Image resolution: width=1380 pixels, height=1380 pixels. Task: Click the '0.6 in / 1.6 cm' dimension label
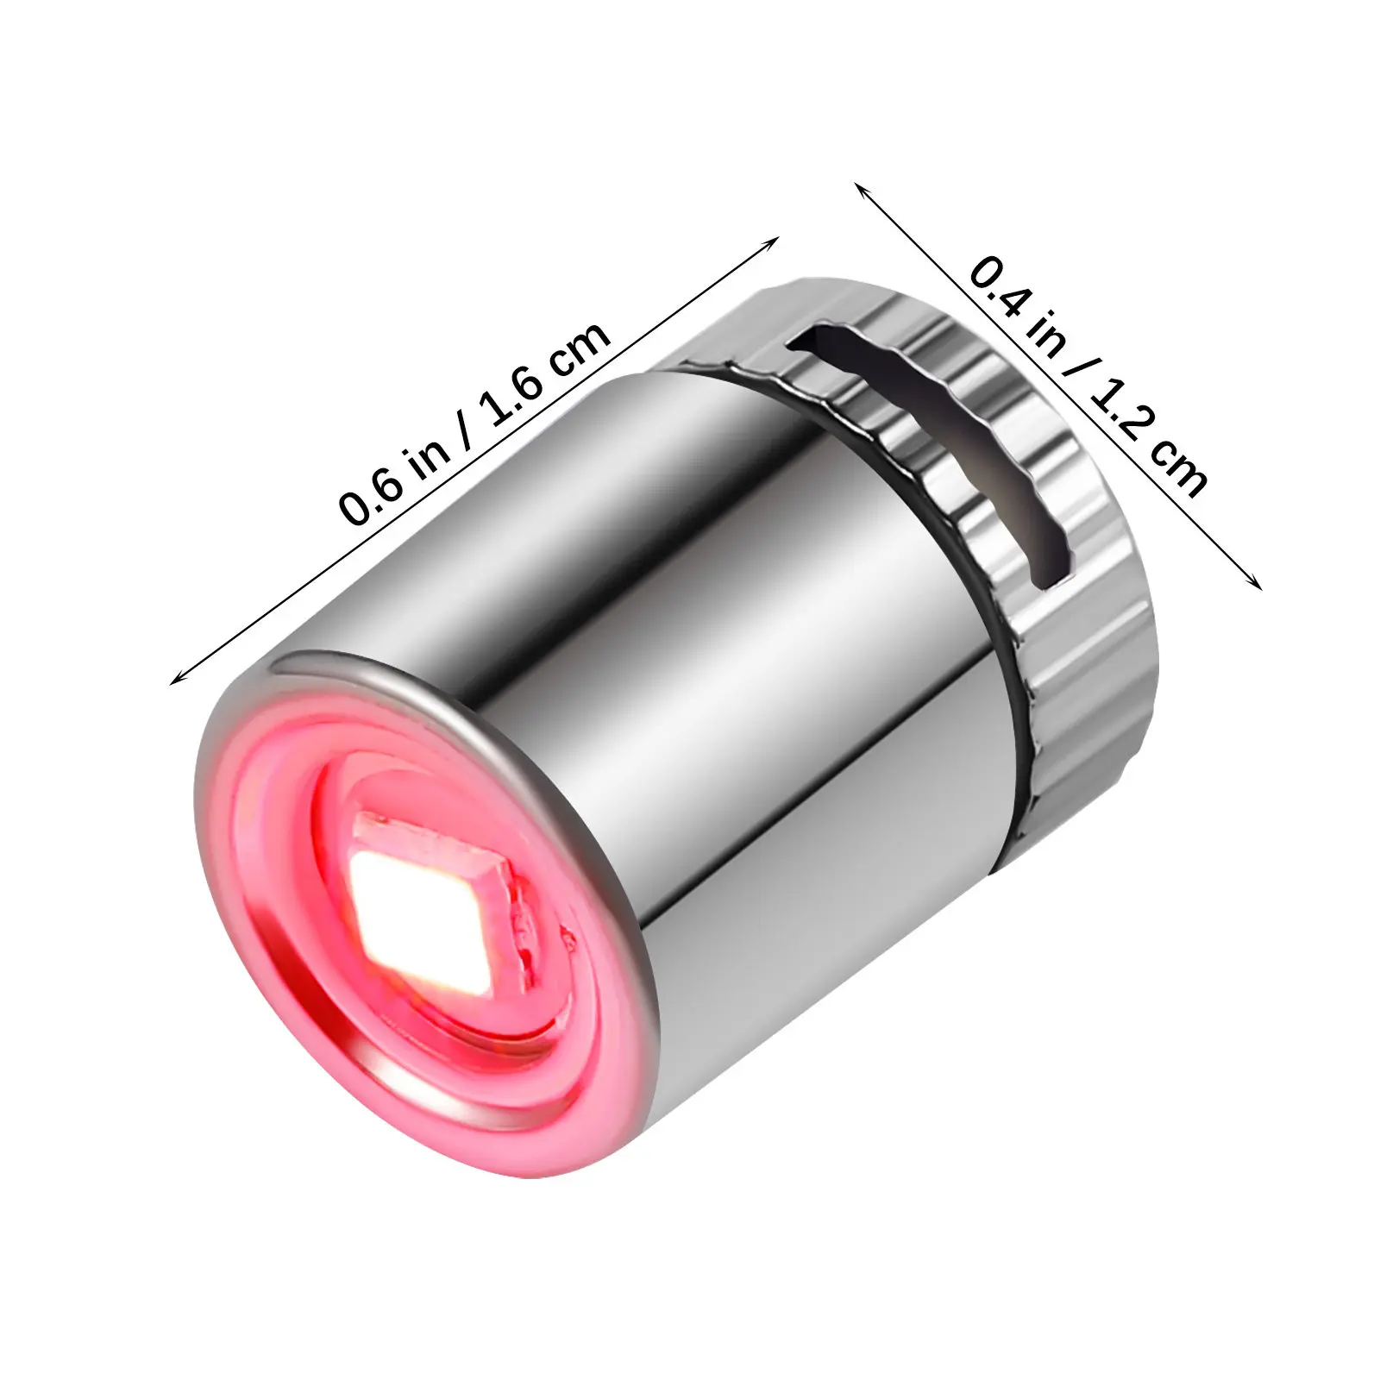[x=477, y=423]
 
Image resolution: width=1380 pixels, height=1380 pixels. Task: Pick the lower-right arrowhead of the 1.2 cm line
[x=1252, y=580]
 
